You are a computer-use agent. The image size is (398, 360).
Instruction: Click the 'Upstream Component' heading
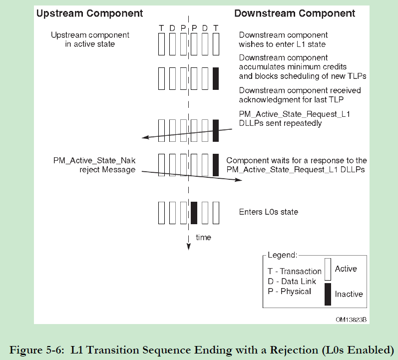pos(89,13)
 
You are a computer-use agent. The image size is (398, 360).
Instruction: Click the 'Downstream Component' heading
pos(295,13)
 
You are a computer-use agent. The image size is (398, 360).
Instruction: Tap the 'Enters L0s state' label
pos(269,212)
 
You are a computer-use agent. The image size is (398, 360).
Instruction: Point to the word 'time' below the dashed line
pos(203,237)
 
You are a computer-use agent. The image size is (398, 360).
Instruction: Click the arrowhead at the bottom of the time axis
pos(189,245)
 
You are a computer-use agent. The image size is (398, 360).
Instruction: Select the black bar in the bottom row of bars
pos(194,213)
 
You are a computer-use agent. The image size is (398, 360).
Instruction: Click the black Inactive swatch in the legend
pos(328,294)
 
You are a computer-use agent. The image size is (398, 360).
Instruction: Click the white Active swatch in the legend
pos(328,269)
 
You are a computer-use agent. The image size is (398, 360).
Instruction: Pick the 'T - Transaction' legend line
pos(295,271)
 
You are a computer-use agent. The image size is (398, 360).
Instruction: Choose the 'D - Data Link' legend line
pos(292,281)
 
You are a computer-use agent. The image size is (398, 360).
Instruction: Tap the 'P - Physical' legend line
pos(290,291)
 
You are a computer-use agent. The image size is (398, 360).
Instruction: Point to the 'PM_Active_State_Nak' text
pos(94,160)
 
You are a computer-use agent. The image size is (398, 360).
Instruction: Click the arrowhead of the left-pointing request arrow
pos(143,138)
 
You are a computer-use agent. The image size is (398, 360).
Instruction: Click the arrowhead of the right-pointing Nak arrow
pos(240,180)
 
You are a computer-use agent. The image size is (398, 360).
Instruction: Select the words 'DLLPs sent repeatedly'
pos(280,123)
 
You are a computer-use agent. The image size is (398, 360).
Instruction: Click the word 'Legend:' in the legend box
pos(282,255)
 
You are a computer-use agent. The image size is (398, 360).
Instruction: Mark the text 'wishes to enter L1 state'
pos(283,44)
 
